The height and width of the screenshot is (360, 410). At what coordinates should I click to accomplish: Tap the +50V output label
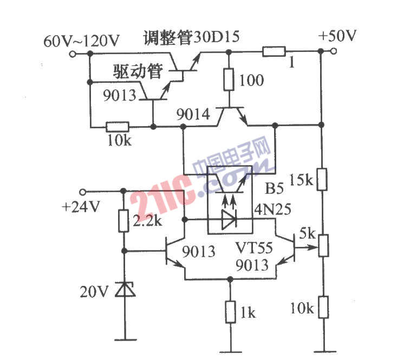point(338,37)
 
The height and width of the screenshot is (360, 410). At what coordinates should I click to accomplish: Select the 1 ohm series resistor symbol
point(274,52)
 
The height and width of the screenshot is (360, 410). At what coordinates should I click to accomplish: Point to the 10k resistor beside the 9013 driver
point(117,127)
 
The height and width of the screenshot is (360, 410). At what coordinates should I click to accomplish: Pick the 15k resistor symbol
point(322,179)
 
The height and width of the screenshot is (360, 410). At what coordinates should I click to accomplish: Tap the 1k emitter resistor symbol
point(231,312)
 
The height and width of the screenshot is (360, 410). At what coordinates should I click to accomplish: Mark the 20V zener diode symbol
point(125,291)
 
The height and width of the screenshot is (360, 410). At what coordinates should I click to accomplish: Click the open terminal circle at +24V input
point(83,191)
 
